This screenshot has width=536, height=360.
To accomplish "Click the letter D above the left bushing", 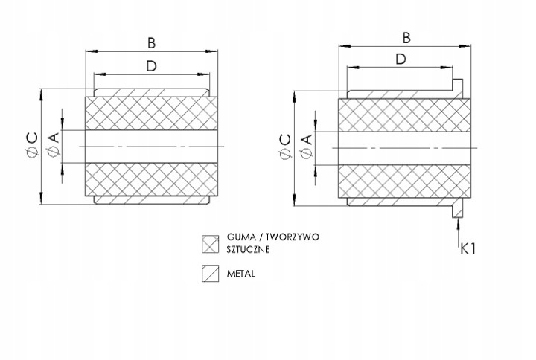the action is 151,65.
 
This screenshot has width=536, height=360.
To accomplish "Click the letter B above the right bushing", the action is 406,36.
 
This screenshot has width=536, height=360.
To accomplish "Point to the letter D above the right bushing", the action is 401,59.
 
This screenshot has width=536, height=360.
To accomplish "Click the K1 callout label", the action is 468,248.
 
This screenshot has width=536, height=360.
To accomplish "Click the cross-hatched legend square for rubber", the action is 209,243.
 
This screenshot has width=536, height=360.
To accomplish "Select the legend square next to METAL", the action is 209,274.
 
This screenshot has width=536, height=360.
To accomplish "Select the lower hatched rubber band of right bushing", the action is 406,180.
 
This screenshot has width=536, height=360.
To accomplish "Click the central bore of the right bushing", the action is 406,147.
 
